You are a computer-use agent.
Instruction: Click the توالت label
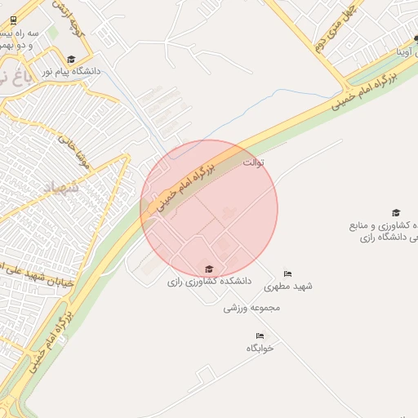click(255, 162)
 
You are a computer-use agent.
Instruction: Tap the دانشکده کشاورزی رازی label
click(209, 282)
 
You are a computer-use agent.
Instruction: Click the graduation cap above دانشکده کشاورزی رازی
click(209, 269)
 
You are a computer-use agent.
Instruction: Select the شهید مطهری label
click(293, 287)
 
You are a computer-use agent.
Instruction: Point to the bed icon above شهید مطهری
click(287, 273)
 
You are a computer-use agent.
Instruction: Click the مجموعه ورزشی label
click(252, 308)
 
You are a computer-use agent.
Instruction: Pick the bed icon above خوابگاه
click(260, 336)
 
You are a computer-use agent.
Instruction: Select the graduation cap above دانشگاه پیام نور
click(71, 59)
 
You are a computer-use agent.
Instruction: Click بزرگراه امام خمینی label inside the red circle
click(186, 187)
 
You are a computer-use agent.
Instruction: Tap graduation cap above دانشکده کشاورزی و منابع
click(396, 212)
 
